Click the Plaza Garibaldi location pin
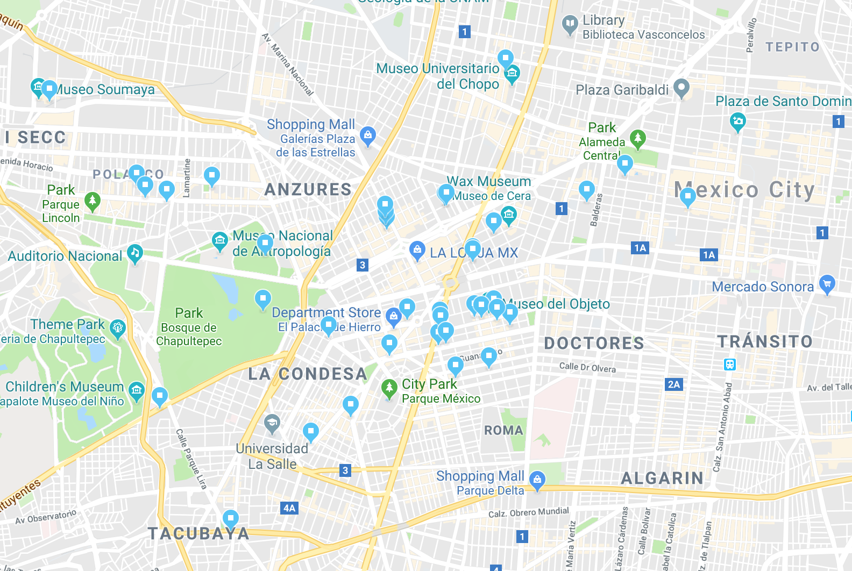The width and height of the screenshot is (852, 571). (681, 88)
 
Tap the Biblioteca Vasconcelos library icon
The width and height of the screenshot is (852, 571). (569, 24)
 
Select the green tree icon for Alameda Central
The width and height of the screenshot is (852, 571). (637, 138)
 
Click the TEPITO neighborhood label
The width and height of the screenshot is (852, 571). (792, 47)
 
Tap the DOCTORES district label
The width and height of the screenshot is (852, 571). (594, 343)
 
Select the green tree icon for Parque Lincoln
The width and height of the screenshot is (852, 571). (93, 202)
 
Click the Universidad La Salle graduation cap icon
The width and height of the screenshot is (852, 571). (272, 424)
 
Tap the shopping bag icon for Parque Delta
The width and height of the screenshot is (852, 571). (537, 479)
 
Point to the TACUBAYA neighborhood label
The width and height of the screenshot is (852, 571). (198, 533)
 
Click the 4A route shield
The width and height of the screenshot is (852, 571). (289, 508)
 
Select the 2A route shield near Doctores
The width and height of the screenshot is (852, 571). (673, 384)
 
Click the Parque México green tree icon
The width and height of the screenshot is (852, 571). (389, 388)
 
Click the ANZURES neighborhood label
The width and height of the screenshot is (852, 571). (308, 189)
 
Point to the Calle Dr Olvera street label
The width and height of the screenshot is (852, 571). (587, 367)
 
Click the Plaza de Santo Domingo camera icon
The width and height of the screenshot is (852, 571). (737, 121)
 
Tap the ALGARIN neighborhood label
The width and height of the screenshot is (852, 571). (662, 478)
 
